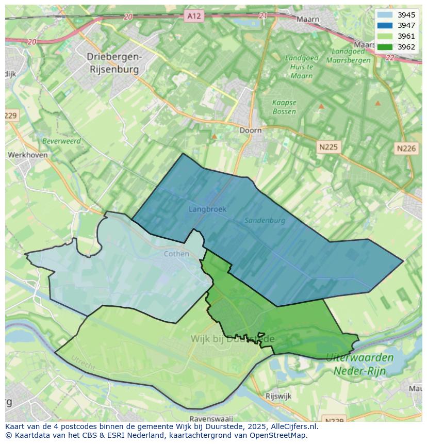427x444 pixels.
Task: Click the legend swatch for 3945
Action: point(385,15)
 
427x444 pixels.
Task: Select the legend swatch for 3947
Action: point(385,25)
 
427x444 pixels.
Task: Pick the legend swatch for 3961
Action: point(385,36)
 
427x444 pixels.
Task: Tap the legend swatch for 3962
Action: point(385,47)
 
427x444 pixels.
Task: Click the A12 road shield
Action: point(194,16)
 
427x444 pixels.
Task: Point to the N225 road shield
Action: point(328,147)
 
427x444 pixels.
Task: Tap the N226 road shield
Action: point(406,149)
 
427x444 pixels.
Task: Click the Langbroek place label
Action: point(207,209)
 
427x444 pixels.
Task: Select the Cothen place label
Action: point(176,254)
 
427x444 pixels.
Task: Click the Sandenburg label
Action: point(265,220)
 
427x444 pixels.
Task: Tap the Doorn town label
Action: point(251,130)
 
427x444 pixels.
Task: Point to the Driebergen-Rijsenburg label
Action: point(114,62)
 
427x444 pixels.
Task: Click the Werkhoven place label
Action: point(28,155)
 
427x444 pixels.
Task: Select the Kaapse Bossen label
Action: point(284,107)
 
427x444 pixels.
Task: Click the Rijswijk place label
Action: point(278,396)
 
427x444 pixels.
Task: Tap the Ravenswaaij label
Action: point(211,418)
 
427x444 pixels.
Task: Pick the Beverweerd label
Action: point(61,141)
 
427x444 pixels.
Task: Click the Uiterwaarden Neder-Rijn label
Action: point(359,364)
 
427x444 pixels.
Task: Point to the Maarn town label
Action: point(308,20)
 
